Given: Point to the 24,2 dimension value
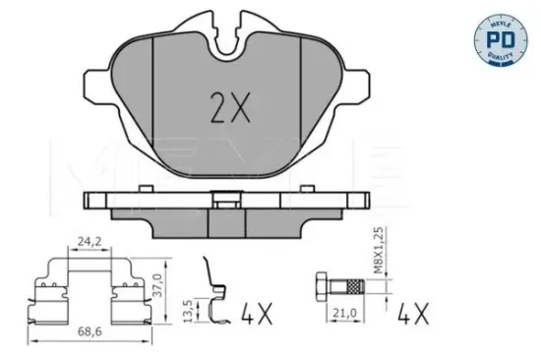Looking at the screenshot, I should coord(90,239).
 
